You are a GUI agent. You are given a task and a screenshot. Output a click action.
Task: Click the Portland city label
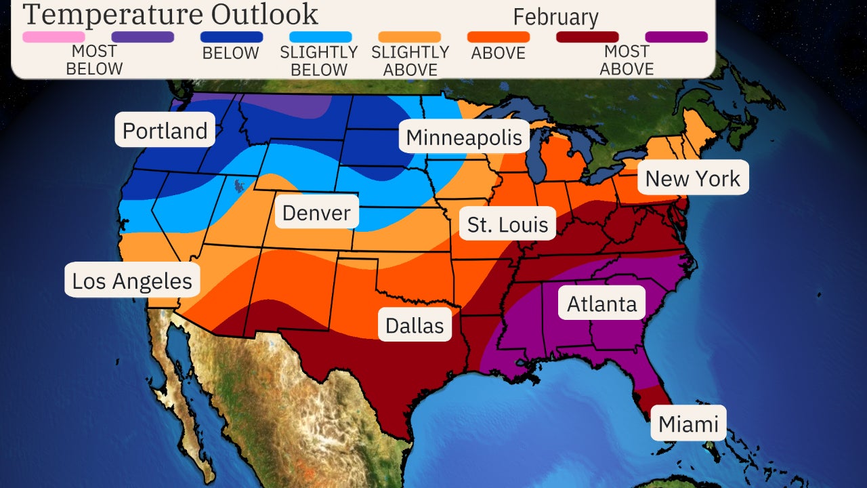point(165,130)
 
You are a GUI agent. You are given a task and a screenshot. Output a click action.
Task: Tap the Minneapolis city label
point(464,138)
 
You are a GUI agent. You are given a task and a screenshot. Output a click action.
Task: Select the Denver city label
point(316,213)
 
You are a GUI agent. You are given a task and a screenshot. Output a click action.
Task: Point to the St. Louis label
point(507,224)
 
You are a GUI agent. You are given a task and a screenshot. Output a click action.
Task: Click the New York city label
point(692,178)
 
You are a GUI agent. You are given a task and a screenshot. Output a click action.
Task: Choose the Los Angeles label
point(132,281)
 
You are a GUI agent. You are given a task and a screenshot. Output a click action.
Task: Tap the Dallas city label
point(415,325)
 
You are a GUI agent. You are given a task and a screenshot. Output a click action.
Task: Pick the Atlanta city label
point(601,304)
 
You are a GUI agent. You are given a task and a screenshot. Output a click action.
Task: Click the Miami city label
point(688,424)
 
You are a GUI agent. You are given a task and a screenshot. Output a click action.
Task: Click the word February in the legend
point(555,17)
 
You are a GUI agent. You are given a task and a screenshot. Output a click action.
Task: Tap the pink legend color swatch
point(54,37)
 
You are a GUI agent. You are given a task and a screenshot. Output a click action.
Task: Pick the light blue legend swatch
point(320,37)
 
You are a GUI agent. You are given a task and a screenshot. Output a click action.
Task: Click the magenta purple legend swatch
point(676,37)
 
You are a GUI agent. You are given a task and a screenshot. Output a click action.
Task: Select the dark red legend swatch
point(587,37)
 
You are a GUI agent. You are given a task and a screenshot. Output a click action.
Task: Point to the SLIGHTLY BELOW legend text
point(319,61)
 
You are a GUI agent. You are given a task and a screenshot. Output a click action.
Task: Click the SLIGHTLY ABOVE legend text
point(410,61)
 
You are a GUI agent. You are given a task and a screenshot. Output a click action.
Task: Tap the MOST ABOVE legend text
point(627,60)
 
